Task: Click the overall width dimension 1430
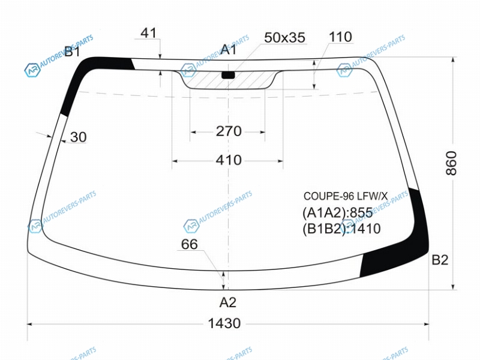point(224,323)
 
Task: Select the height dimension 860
point(451,163)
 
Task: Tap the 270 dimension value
point(229,131)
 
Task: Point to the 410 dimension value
point(229,160)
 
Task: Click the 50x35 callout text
point(284,38)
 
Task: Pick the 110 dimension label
point(340,37)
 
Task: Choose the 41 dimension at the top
point(148,33)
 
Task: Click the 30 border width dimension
point(79,137)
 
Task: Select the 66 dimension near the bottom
point(189,244)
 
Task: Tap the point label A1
point(229,49)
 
